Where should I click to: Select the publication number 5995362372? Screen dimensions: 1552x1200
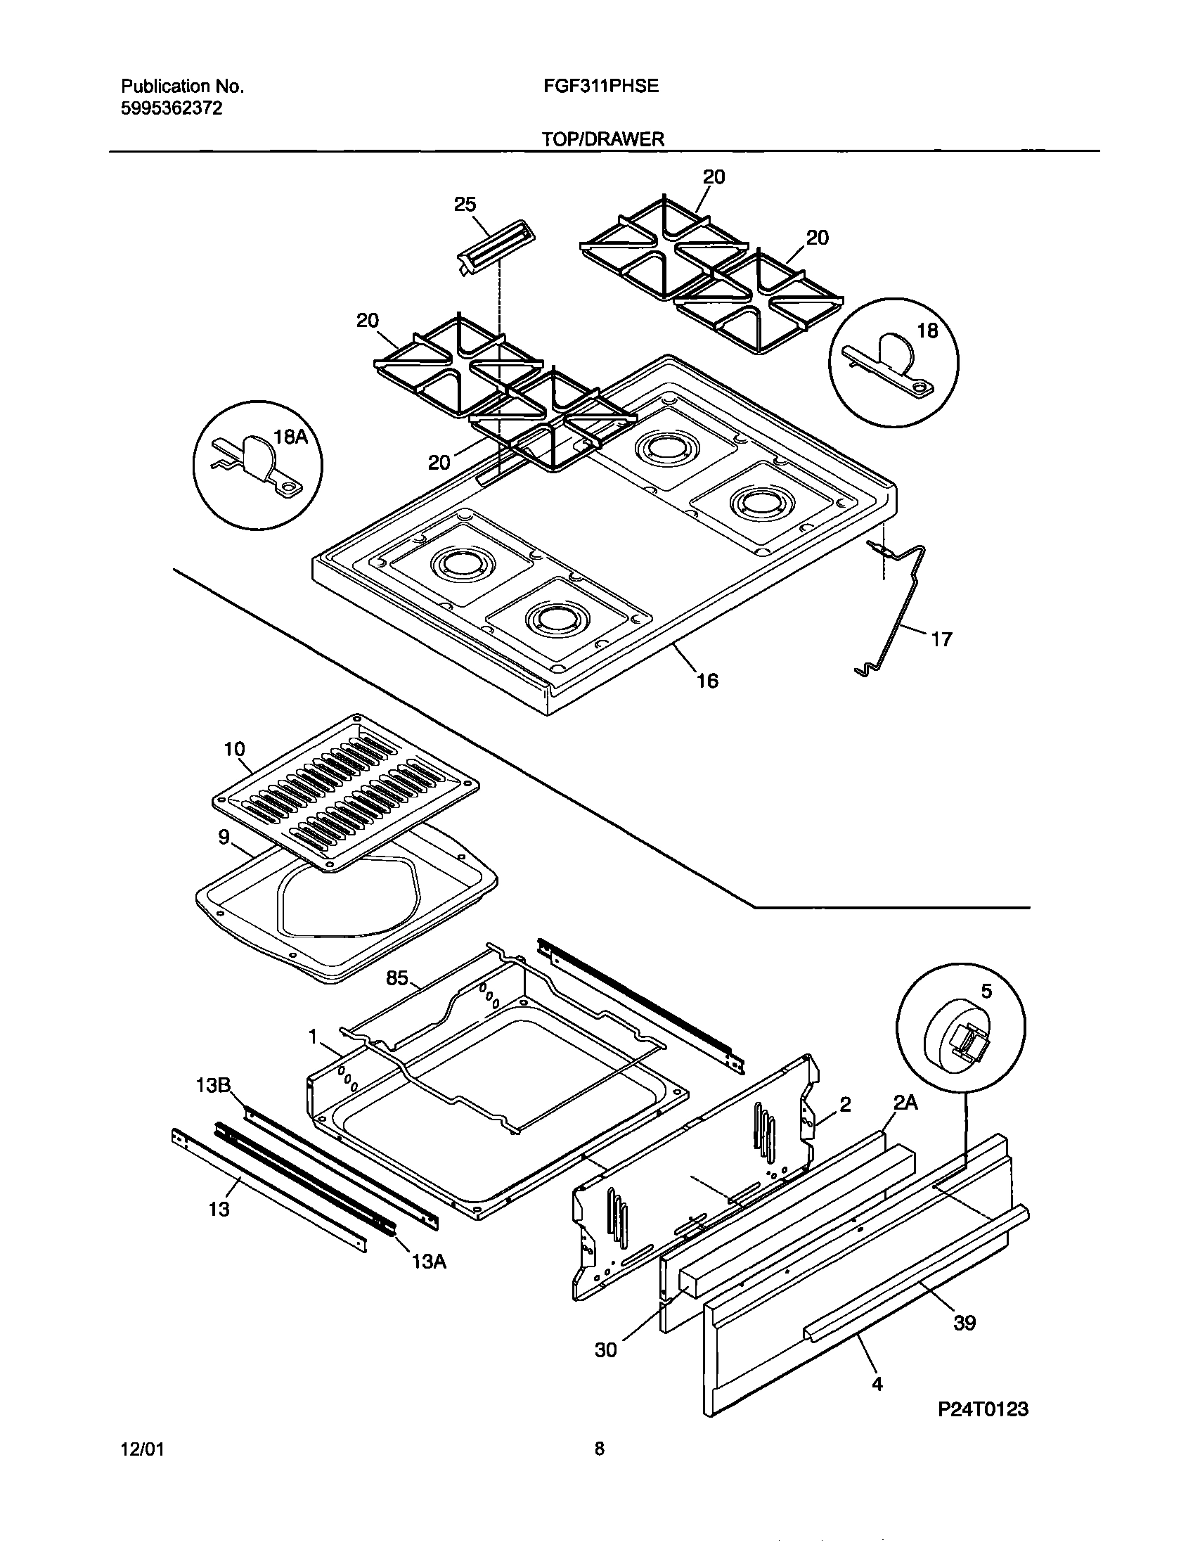coord(172,108)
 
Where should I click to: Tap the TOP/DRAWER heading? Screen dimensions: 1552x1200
coord(603,139)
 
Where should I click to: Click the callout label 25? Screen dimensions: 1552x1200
coord(465,205)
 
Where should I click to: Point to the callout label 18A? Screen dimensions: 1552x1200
coord(290,436)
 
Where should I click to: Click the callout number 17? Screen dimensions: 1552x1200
coord(941,639)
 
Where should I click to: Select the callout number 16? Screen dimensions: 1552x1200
coord(707,681)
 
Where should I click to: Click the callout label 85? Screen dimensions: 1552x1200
coord(396,979)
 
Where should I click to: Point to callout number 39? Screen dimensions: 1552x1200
coord(964,1323)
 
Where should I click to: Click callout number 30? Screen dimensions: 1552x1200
coord(606,1350)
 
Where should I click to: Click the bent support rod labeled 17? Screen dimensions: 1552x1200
coord(903,611)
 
